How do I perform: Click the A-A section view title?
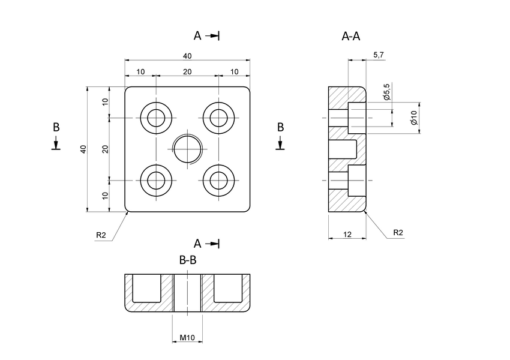coord(350,37)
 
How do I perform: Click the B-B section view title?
coord(188,260)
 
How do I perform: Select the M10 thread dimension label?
coord(188,338)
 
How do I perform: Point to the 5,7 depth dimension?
coord(379,55)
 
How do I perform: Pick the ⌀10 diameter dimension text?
coord(413,118)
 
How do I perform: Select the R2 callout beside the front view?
coord(101,235)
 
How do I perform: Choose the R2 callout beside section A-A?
coord(398,232)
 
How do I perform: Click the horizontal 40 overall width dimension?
coord(187,56)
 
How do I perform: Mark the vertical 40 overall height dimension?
coord(83,149)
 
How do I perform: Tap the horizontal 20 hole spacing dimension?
coord(187,71)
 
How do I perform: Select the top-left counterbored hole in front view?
coord(157,118)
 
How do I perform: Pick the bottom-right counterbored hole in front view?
coord(219,180)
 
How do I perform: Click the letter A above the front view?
coord(197,36)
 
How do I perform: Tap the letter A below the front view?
coord(197,243)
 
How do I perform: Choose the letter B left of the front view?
coord(56,127)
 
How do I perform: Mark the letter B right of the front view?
coord(280,127)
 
